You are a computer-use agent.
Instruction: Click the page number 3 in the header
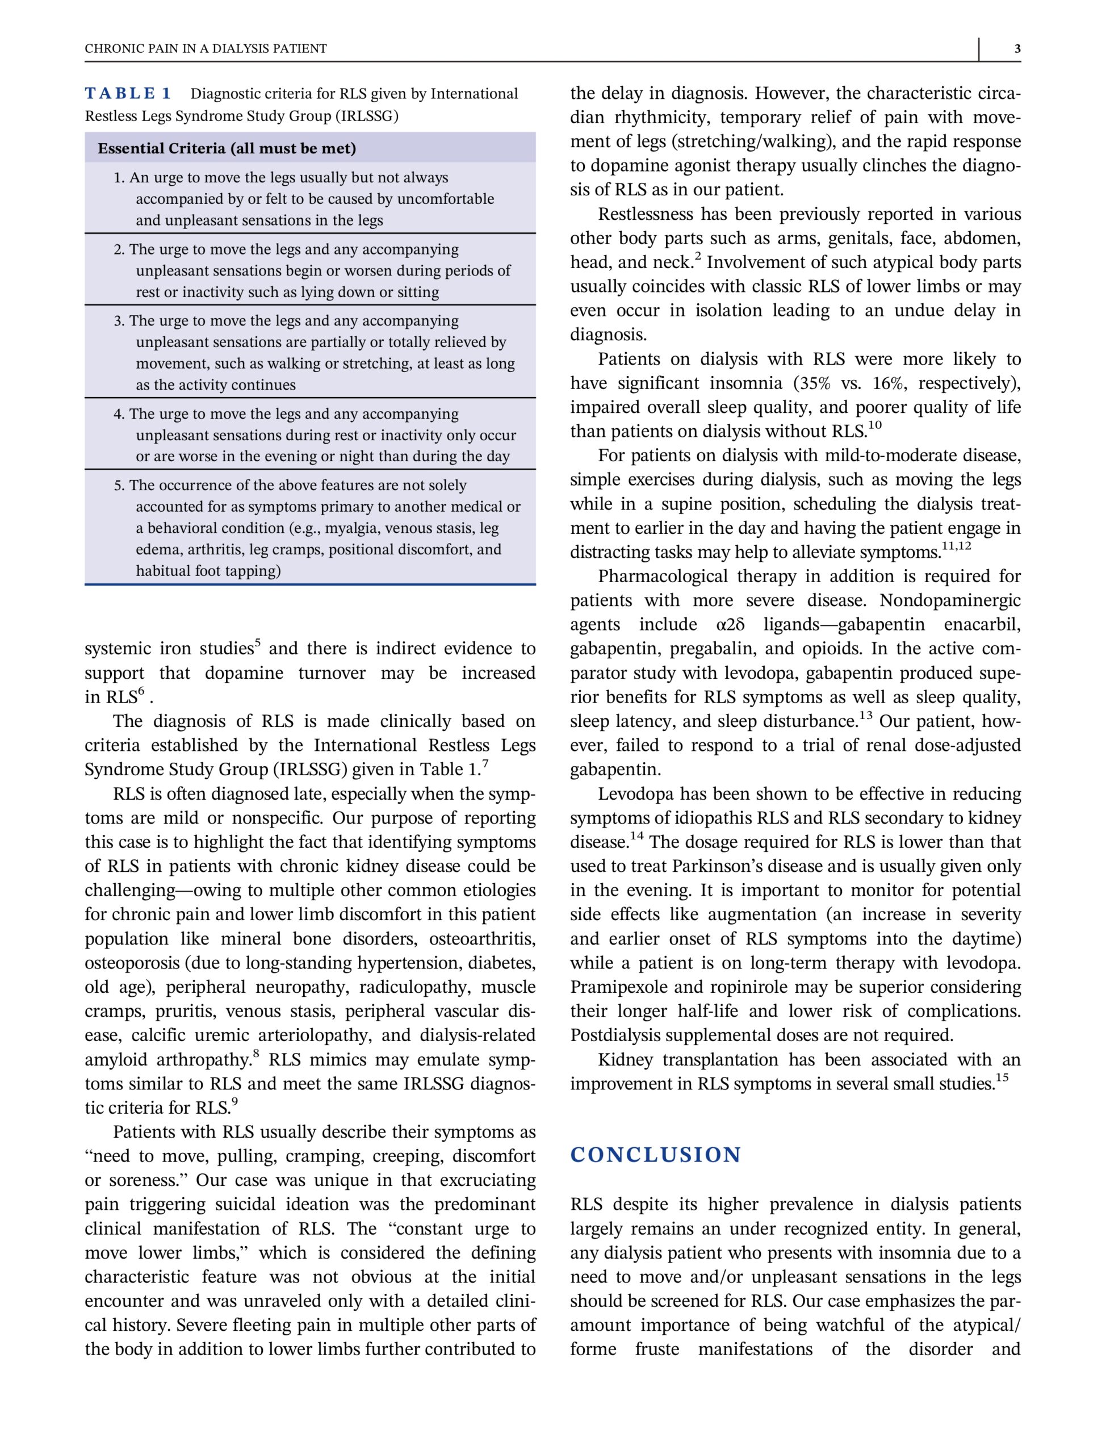tap(1017, 49)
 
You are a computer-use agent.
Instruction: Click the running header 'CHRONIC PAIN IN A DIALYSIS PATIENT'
tap(206, 49)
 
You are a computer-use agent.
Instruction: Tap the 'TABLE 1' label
tap(128, 94)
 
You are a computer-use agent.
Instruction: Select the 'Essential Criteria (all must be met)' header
tap(227, 149)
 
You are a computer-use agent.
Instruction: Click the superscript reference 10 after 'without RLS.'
tap(874, 425)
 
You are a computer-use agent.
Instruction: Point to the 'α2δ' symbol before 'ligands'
tap(731, 625)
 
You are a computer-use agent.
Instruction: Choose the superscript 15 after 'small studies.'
tap(1002, 1078)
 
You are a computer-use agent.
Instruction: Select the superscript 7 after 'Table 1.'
tap(485, 764)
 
